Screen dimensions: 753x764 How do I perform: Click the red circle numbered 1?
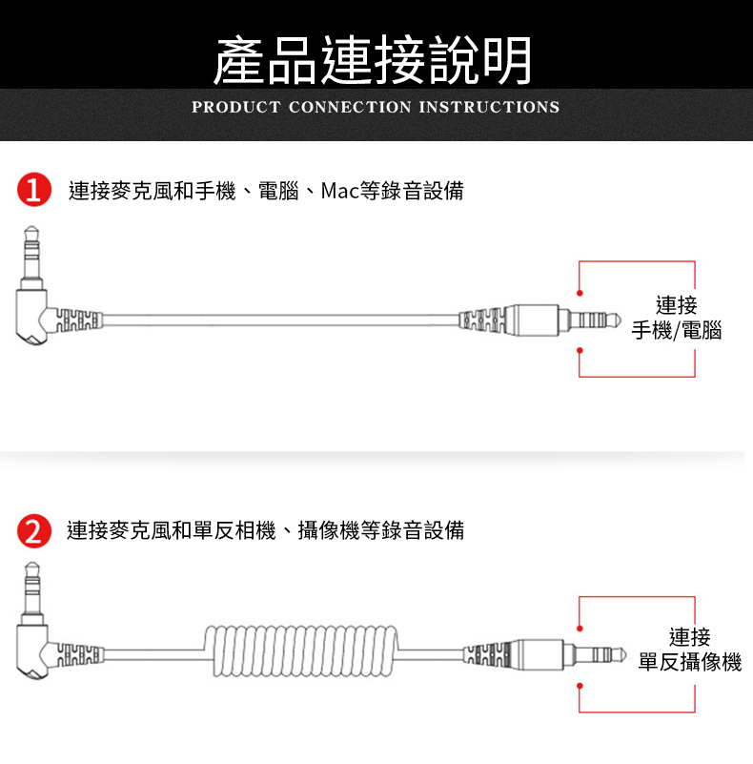pos(34,190)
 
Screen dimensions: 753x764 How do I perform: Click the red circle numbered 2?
pos(34,530)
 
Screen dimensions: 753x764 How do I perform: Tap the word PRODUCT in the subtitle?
pos(236,107)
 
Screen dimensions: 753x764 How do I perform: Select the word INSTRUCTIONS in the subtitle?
pos(489,107)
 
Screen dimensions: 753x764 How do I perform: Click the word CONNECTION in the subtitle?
pos(350,107)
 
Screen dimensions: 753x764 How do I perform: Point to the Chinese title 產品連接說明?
pos(373,60)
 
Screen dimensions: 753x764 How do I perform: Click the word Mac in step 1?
pos(339,191)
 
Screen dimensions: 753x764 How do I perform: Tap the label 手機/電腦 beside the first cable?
pos(677,330)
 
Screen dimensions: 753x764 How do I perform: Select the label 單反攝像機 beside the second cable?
pos(690,662)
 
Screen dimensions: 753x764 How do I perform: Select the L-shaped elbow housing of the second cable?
pos(32,652)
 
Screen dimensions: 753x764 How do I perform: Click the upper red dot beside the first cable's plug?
pos(580,293)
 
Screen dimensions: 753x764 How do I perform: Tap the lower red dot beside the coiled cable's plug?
pos(580,686)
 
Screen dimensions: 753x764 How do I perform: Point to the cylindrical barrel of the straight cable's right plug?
pos(531,320)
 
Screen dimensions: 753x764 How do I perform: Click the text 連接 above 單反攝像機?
pos(690,636)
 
